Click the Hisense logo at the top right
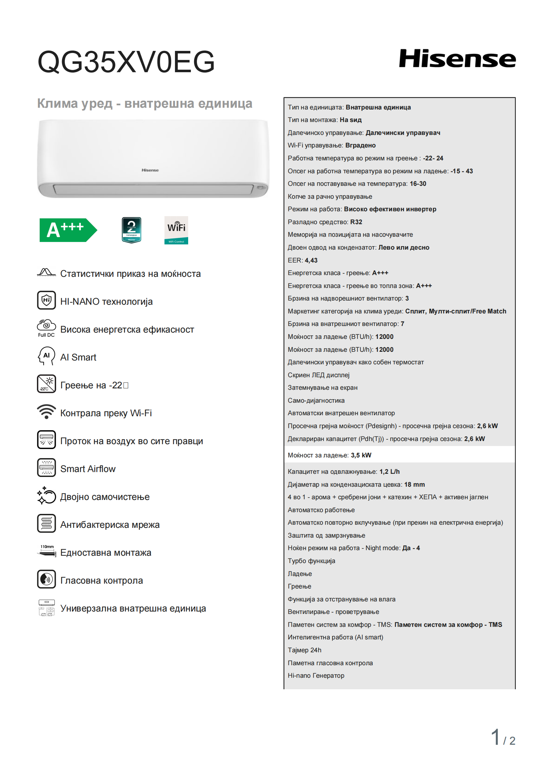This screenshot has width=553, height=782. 457,59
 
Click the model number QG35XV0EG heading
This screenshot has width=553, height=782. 126,62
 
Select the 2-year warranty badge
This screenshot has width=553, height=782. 131,230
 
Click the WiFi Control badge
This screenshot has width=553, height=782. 176,230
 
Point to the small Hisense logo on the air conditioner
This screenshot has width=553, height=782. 150,170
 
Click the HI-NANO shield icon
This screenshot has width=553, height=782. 46,300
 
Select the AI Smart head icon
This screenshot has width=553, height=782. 46,356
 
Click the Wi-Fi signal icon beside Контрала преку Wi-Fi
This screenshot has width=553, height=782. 46,412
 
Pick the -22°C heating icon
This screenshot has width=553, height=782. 46,384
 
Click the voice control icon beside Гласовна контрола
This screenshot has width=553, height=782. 46,579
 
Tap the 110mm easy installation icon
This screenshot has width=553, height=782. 47,551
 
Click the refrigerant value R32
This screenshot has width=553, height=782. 356,222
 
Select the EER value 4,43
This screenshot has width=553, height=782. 311,260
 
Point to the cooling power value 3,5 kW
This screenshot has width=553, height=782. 361,455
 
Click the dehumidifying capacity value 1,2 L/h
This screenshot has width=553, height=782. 390,472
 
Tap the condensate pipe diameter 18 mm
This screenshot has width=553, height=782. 414,485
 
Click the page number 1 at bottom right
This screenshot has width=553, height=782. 495,737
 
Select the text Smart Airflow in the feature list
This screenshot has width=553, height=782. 88,469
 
